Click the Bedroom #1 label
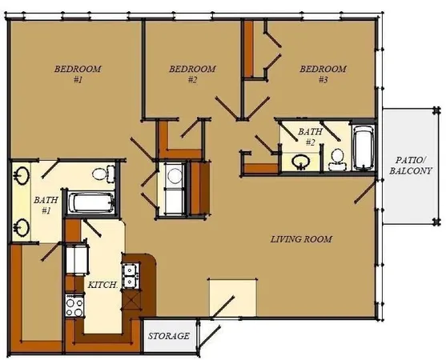pyautogui.click(x=78, y=74)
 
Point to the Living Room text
pyautogui.click(x=300, y=239)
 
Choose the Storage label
pyautogui.click(x=170, y=336)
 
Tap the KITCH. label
pyautogui.click(x=105, y=284)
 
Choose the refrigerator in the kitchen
pyautogui.click(x=78, y=258)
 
